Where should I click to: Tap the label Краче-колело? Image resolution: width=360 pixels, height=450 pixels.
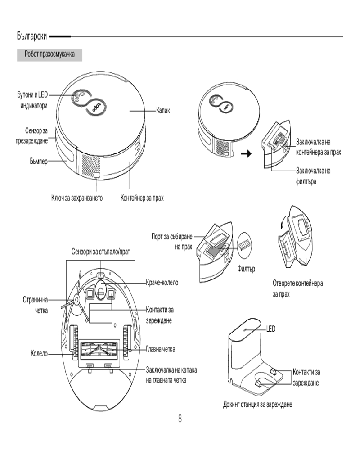[x=162, y=283]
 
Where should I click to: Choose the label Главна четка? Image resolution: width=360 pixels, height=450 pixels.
[x=161, y=349]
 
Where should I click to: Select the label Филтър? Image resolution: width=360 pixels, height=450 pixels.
[x=246, y=269]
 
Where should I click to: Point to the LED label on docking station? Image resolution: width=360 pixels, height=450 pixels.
[x=270, y=329]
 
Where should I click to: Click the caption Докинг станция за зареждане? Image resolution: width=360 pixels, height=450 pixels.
[x=258, y=405]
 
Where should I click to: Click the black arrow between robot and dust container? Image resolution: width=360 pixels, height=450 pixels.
[x=246, y=154]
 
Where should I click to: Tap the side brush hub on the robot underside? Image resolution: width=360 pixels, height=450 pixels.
[x=76, y=297]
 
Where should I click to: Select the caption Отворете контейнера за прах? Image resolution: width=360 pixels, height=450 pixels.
[x=297, y=288]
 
